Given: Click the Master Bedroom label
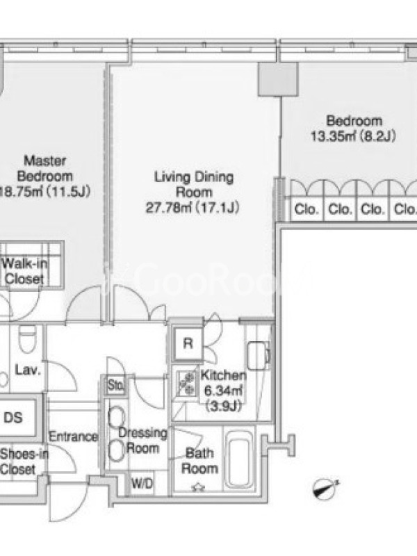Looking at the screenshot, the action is [45, 168].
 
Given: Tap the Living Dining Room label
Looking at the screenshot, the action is [194, 184].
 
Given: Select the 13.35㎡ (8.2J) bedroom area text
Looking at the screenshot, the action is [353, 136].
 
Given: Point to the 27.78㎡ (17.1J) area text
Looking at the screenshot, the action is [193, 207].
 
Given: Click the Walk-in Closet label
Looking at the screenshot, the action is [24, 271].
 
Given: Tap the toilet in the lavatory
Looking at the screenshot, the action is [27, 339].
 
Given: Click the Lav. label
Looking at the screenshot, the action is [28, 370].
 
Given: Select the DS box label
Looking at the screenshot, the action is [13, 418].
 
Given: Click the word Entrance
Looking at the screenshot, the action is [73, 436].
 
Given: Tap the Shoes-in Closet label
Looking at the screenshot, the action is [24, 461].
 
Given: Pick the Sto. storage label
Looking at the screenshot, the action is [115, 385].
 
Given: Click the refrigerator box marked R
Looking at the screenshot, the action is [188, 343].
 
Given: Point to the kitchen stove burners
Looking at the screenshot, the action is [186, 384].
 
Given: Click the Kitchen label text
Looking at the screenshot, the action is [223, 375].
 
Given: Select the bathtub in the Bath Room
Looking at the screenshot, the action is [240, 458].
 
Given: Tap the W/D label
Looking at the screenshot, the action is [142, 483].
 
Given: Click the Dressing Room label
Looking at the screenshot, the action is [143, 441].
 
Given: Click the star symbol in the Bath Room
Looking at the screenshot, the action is [198, 488].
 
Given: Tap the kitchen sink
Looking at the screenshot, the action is [258, 356].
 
